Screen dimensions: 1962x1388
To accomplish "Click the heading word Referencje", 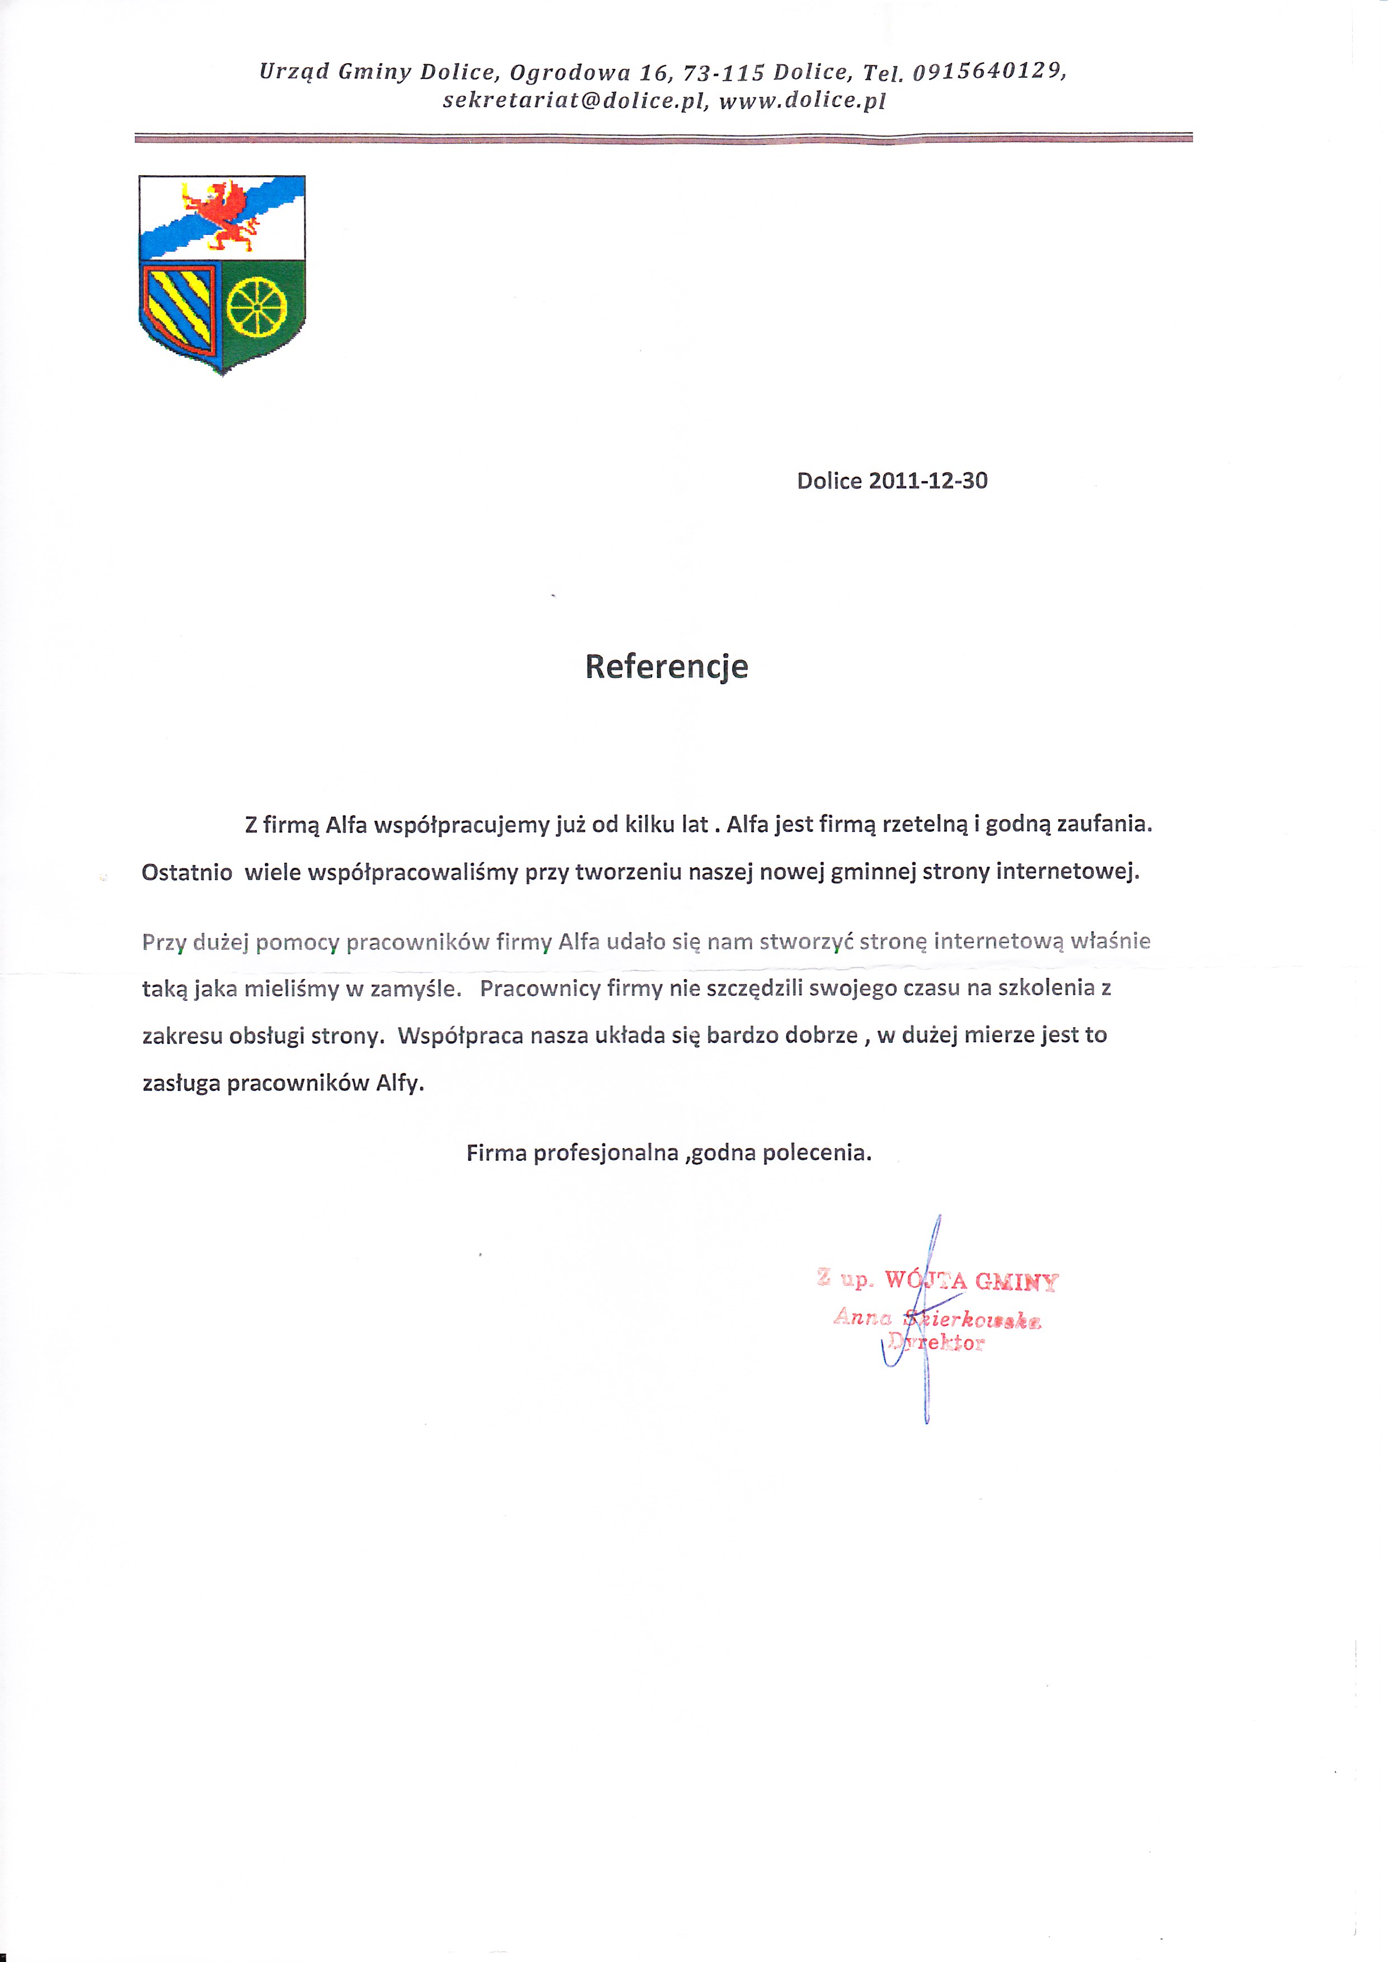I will [x=666, y=666].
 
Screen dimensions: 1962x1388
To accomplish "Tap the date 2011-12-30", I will [x=927, y=481].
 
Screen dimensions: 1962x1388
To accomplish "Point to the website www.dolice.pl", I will [x=801, y=101].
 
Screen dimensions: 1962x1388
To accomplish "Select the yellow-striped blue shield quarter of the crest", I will [x=180, y=306].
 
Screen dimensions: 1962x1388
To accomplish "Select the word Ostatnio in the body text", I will [x=186, y=873].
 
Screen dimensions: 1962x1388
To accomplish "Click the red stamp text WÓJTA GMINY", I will [x=971, y=1281].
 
